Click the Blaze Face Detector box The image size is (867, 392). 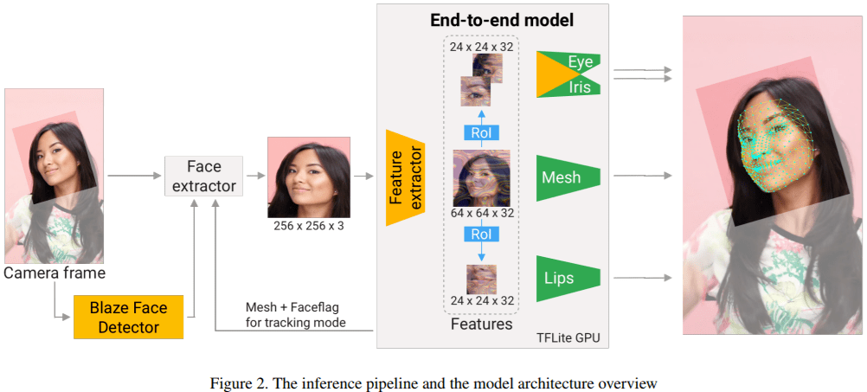point(128,317)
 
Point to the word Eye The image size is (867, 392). point(580,62)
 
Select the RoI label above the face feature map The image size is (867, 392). point(480,132)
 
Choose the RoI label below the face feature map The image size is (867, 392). point(480,235)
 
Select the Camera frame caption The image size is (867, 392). point(55,273)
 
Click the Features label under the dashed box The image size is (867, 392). point(481,325)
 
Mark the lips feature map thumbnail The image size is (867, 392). point(481,279)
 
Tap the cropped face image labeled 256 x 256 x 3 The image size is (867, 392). point(309,177)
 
